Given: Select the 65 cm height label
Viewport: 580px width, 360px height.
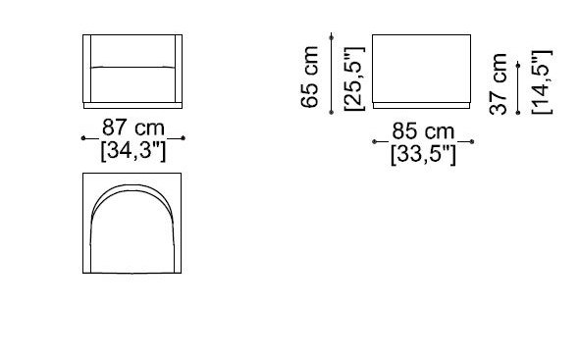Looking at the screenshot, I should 312,76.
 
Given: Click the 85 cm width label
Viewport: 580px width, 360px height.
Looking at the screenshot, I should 423,130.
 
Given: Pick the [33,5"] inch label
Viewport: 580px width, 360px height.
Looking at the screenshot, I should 423,154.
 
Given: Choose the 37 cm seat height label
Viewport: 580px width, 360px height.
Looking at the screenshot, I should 501,83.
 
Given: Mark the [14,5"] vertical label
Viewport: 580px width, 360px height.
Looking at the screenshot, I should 543,83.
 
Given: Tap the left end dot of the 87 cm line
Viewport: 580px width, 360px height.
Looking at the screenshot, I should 83,139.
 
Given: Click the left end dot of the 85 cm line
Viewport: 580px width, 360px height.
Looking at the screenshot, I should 374,142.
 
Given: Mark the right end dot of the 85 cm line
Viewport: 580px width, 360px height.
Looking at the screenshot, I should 473,142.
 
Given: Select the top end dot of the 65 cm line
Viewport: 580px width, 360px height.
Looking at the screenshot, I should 332,35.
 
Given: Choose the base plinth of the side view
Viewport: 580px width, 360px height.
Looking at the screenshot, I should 423,103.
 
